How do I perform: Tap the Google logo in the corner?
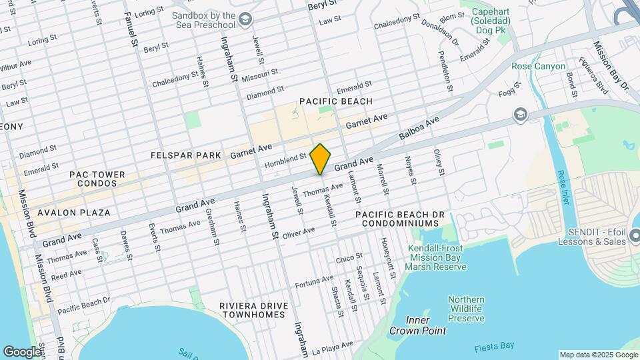[x=22, y=351]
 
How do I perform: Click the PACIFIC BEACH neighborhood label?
[x=335, y=101]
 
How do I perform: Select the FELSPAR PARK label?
[x=185, y=155]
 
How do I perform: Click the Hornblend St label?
[x=285, y=161]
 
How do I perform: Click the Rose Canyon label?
[x=538, y=67]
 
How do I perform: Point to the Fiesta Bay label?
[x=493, y=347]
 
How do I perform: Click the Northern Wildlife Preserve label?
[x=465, y=309]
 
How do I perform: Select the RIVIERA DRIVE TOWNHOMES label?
[x=255, y=310]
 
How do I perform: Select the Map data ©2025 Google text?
[x=598, y=355]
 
